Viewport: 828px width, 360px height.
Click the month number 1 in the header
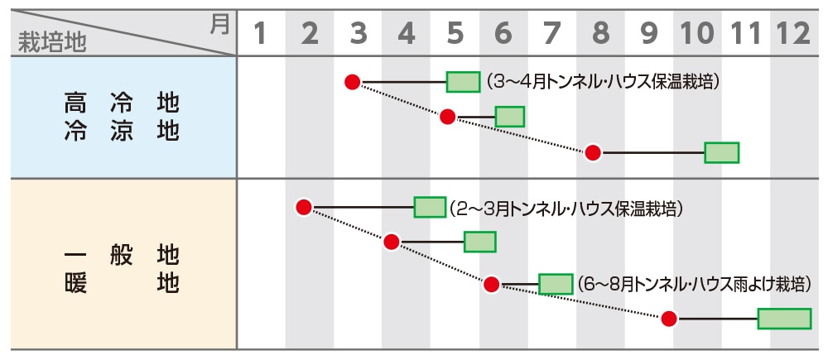(261, 34)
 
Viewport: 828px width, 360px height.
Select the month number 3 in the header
(358, 34)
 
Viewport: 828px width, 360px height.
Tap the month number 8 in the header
(600, 34)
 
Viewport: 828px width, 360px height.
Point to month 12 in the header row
(792, 34)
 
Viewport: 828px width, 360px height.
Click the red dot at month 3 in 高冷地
(353, 82)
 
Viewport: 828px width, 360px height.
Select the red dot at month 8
(593, 152)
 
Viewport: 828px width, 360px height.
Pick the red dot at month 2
(304, 207)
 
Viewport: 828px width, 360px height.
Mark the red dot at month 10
(669, 319)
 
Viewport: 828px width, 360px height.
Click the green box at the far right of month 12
(784, 319)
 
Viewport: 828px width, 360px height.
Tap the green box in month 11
(721, 152)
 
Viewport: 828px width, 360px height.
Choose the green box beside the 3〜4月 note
(463, 82)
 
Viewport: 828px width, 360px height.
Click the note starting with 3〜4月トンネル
(602, 82)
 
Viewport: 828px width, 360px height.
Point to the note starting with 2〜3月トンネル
(567, 208)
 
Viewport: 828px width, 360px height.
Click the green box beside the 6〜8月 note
(556, 284)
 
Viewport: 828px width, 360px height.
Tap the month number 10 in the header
(697, 34)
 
